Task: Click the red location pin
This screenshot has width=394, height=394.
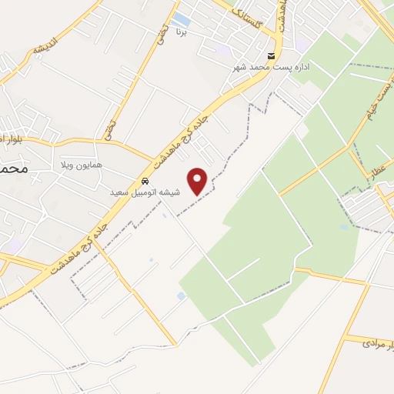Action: click(199, 181)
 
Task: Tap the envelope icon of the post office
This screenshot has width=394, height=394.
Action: click(271, 56)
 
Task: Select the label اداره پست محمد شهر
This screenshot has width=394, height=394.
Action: click(271, 67)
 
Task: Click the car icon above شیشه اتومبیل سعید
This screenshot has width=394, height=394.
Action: click(145, 182)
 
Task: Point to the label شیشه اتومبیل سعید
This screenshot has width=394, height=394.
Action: click(145, 192)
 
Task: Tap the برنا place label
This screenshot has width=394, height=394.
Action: click(181, 33)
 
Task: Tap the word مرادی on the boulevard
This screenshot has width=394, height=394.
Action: click(370, 340)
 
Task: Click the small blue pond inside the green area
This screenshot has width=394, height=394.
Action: click(343, 226)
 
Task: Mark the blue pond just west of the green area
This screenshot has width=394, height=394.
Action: click(181, 295)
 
